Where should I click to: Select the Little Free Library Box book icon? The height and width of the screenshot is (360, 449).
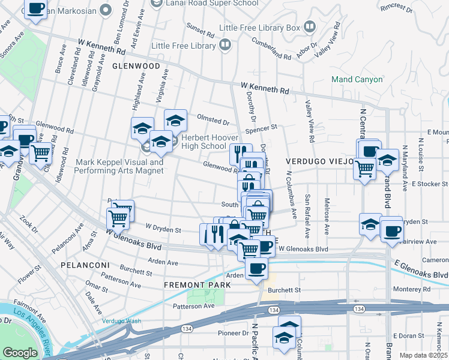coord(310,27)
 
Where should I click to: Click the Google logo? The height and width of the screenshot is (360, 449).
coord(20,353)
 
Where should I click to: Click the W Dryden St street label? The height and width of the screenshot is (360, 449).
coord(163,229)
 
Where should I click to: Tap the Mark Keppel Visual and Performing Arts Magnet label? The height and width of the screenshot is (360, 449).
coord(119,166)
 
